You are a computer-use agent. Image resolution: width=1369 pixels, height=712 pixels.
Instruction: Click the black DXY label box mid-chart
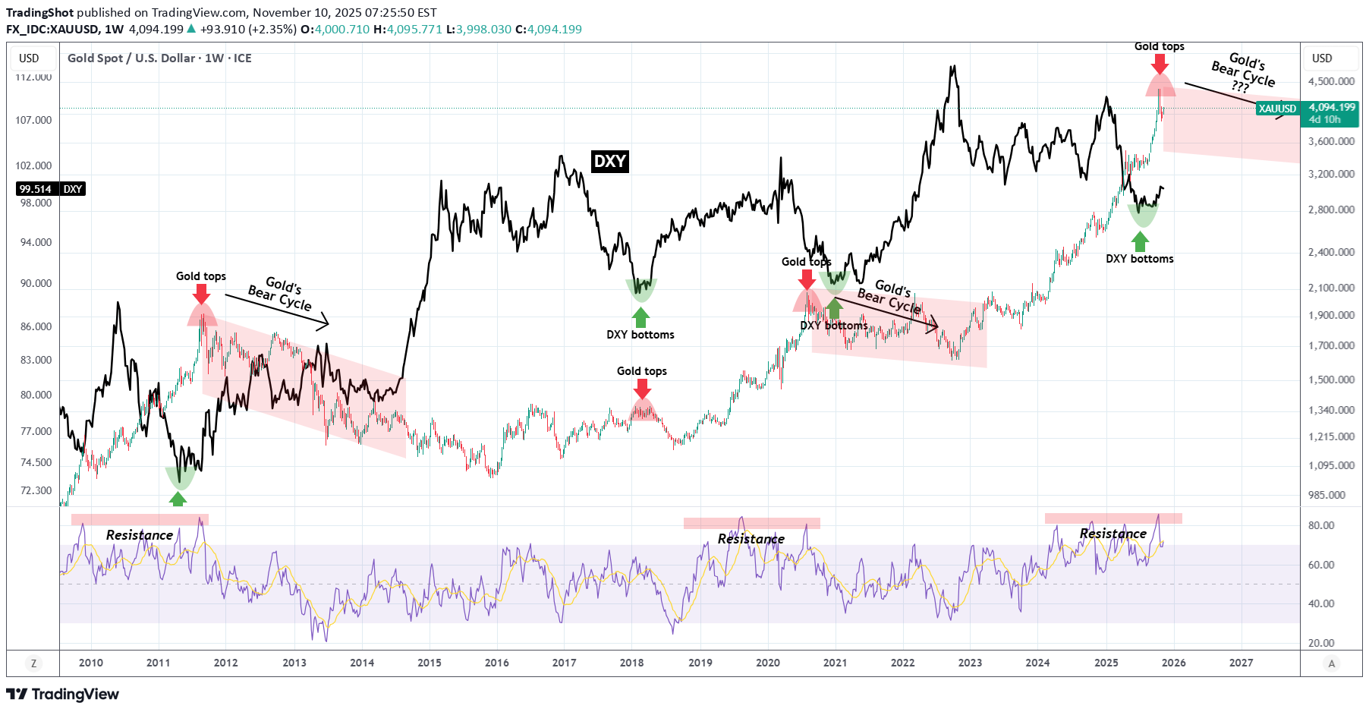[x=610, y=161]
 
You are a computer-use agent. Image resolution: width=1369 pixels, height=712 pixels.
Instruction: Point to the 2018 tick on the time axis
[x=631, y=663]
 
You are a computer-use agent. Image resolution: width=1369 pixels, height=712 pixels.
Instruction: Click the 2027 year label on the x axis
[x=1241, y=663]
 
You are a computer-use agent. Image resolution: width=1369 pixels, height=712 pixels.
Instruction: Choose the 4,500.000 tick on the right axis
[x=1331, y=81]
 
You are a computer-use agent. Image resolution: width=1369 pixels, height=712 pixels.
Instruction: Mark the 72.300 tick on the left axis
[x=36, y=490]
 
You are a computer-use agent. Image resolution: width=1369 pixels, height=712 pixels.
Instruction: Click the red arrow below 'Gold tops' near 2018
[x=643, y=389]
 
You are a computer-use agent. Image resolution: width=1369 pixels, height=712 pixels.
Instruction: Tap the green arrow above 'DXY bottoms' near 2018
[x=641, y=317]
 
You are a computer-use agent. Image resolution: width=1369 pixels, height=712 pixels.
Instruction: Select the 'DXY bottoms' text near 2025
[x=1139, y=259]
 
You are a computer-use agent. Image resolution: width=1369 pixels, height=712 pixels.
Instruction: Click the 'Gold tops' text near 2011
[x=201, y=276]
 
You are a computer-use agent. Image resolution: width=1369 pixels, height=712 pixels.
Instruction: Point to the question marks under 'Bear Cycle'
[x=1240, y=87]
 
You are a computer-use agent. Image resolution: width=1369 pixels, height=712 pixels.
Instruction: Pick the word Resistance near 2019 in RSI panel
[x=751, y=539]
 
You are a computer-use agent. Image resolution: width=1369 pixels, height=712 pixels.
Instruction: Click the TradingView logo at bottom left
[x=62, y=694]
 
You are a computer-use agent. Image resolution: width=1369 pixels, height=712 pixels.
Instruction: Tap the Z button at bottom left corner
[x=33, y=663]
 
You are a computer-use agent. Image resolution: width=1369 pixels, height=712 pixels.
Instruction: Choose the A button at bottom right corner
[x=1331, y=663]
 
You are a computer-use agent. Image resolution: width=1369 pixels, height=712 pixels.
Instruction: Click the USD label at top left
[x=29, y=58]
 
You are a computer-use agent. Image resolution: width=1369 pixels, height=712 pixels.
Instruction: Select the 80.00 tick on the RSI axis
[x=1321, y=525]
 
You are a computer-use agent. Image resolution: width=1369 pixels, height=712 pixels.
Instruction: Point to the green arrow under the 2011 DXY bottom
[x=178, y=499]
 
